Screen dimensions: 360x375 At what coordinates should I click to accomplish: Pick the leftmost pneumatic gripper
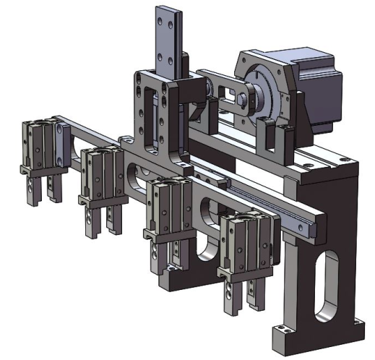[39, 148]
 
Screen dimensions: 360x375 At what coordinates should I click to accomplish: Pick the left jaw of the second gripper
[90, 220]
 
